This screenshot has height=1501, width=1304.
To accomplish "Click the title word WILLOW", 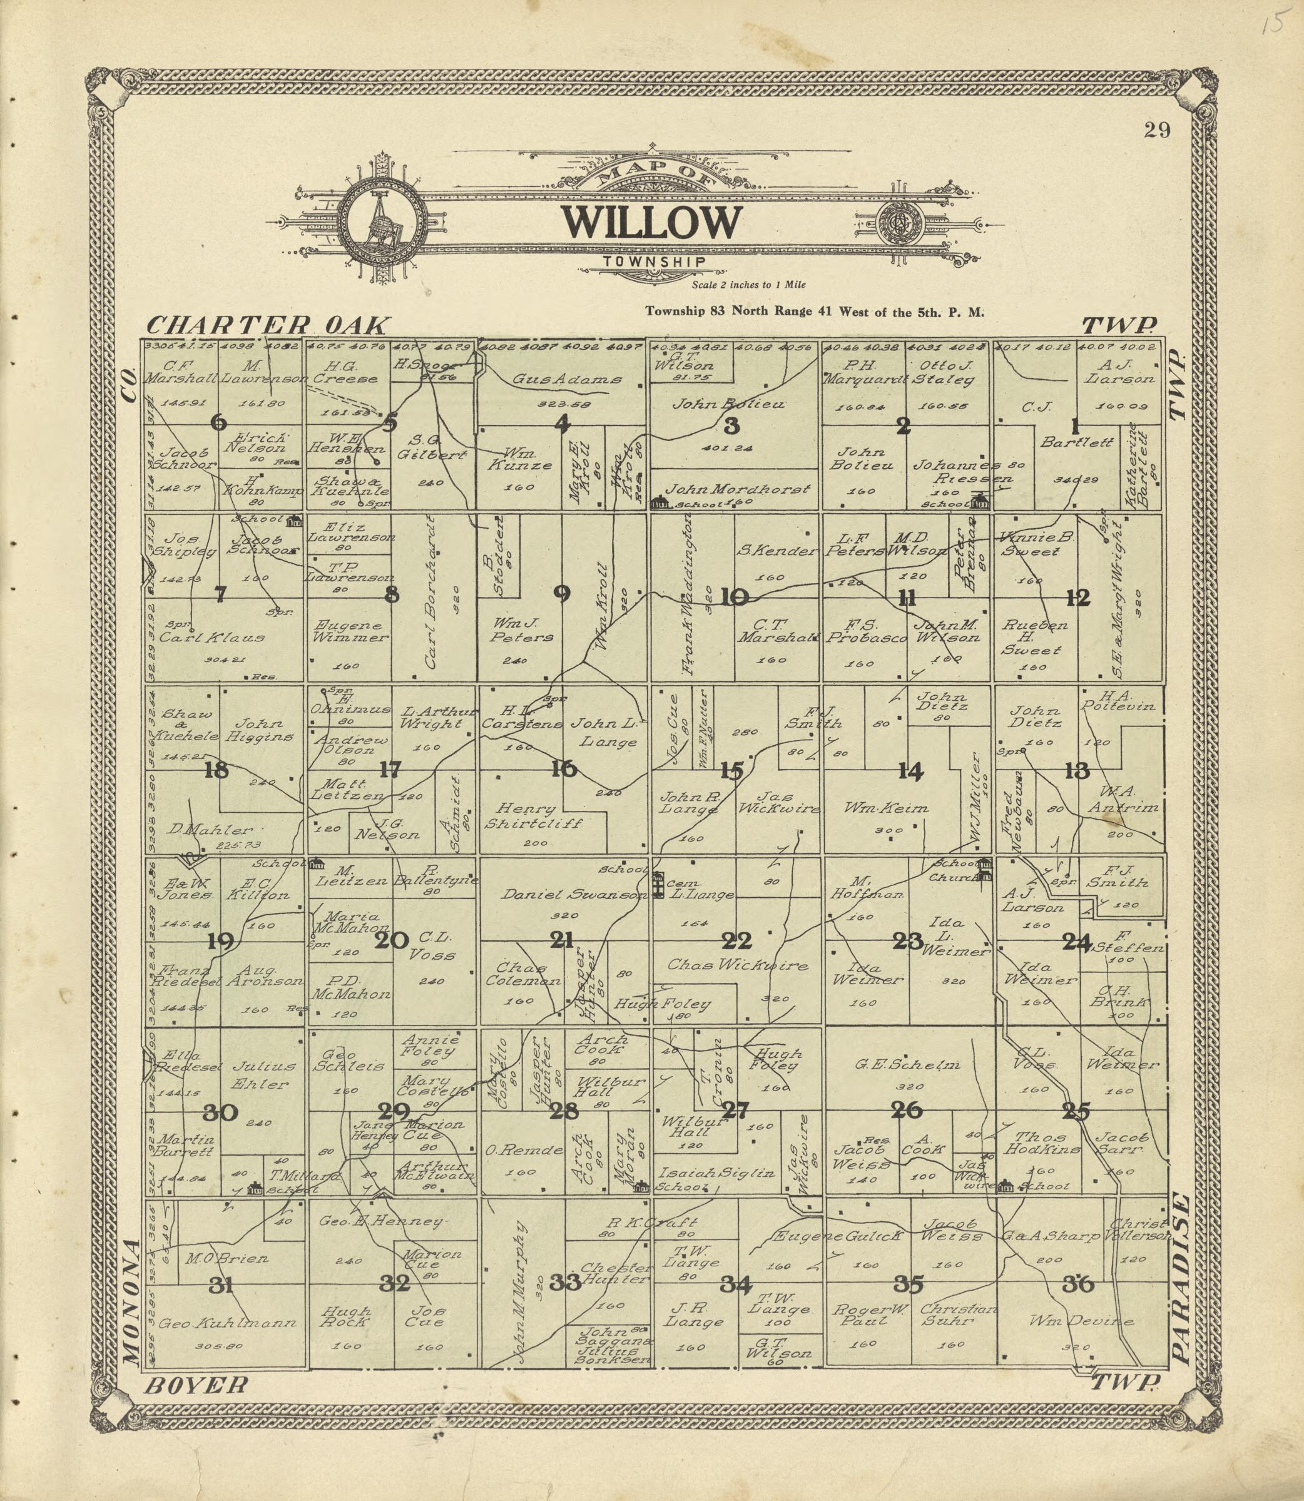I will pos(651,222).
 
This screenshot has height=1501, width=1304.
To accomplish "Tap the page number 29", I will pos(1156,130).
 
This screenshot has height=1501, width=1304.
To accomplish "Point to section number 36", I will pos(1077,1284).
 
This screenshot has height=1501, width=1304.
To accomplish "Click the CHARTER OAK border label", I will pos(268,325).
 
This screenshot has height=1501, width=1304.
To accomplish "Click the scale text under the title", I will pos(748,285).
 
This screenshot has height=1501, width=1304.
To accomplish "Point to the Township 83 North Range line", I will pos(814,312).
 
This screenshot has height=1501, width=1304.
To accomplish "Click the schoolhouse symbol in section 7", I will pos(295,520).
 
